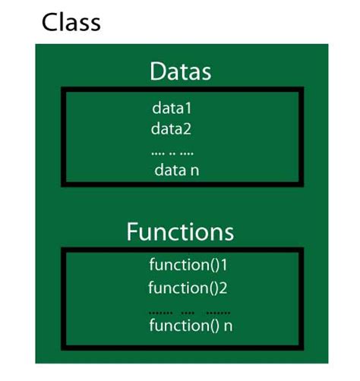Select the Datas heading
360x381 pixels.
point(180,72)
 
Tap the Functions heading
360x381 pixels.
point(180,231)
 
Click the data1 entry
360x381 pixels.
point(172,108)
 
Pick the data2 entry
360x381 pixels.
point(172,128)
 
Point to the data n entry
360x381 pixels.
point(177,170)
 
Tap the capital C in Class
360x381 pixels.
point(50,21)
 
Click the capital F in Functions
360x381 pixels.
point(134,231)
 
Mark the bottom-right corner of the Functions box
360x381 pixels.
point(302,348)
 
